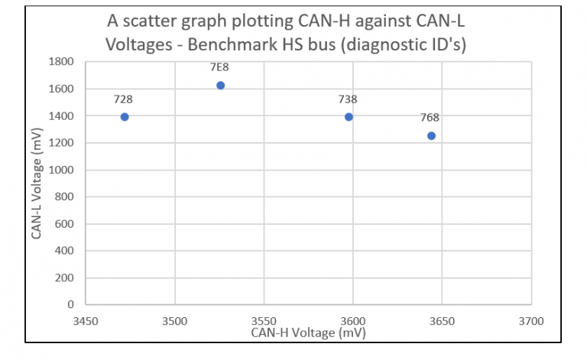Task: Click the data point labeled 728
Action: (125, 117)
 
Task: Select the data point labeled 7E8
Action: (221, 86)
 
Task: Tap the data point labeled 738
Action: (349, 117)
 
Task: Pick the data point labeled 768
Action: (431, 136)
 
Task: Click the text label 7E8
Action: (220, 67)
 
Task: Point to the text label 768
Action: (430, 118)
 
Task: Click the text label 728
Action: (123, 99)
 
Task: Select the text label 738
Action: (348, 99)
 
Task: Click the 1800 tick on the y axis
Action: (62, 62)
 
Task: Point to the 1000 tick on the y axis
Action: (62, 170)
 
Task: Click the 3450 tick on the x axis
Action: (86, 321)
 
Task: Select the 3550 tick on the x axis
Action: (264, 321)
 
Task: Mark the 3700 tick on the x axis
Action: (530, 321)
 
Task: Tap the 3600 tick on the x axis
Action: (352, 321)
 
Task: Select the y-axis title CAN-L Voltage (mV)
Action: (37, 183)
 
